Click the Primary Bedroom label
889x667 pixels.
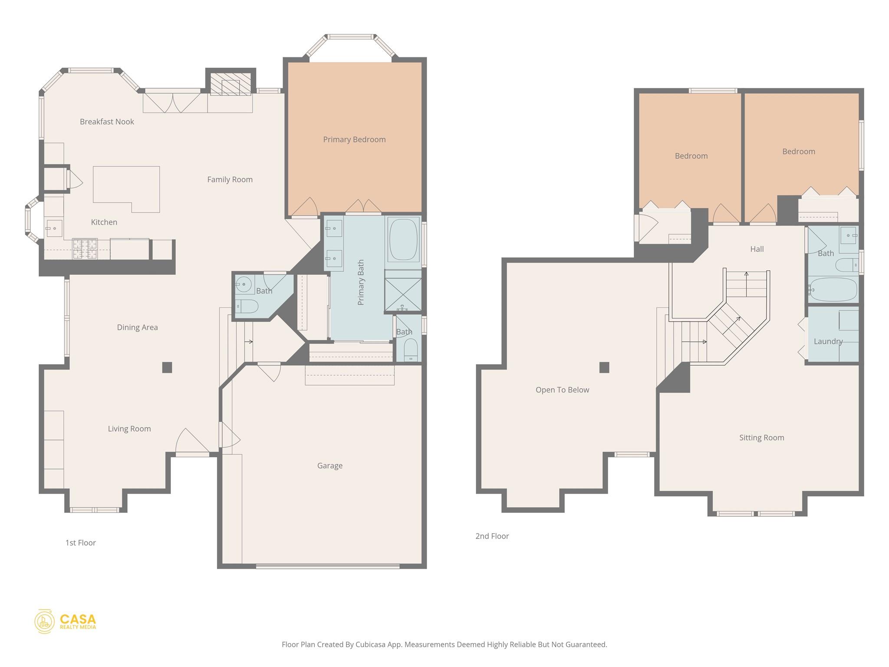354,139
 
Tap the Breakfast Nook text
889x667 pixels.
107,122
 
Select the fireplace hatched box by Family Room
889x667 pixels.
230,87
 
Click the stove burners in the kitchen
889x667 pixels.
85,249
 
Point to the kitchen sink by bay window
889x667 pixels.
54,228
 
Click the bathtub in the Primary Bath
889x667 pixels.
403,240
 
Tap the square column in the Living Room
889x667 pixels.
167,367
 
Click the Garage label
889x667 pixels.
330,466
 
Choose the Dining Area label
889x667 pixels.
137,327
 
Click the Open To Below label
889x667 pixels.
562,390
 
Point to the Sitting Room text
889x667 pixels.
761,438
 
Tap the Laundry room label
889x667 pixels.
828,341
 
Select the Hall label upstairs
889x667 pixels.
757,249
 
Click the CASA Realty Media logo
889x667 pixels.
66,621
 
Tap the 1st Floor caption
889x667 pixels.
80,543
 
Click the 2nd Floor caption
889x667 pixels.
492,536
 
